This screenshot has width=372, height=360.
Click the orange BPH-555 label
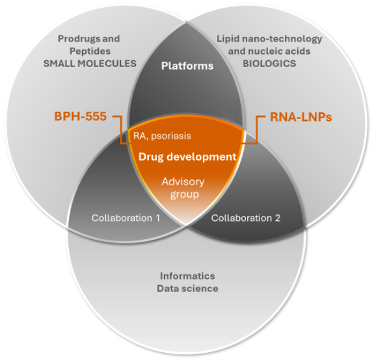click(81, 117)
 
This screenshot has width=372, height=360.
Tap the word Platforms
click(187, 66)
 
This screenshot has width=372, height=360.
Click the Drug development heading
click(187, 157)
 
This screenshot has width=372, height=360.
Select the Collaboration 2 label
click(246, 218)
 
